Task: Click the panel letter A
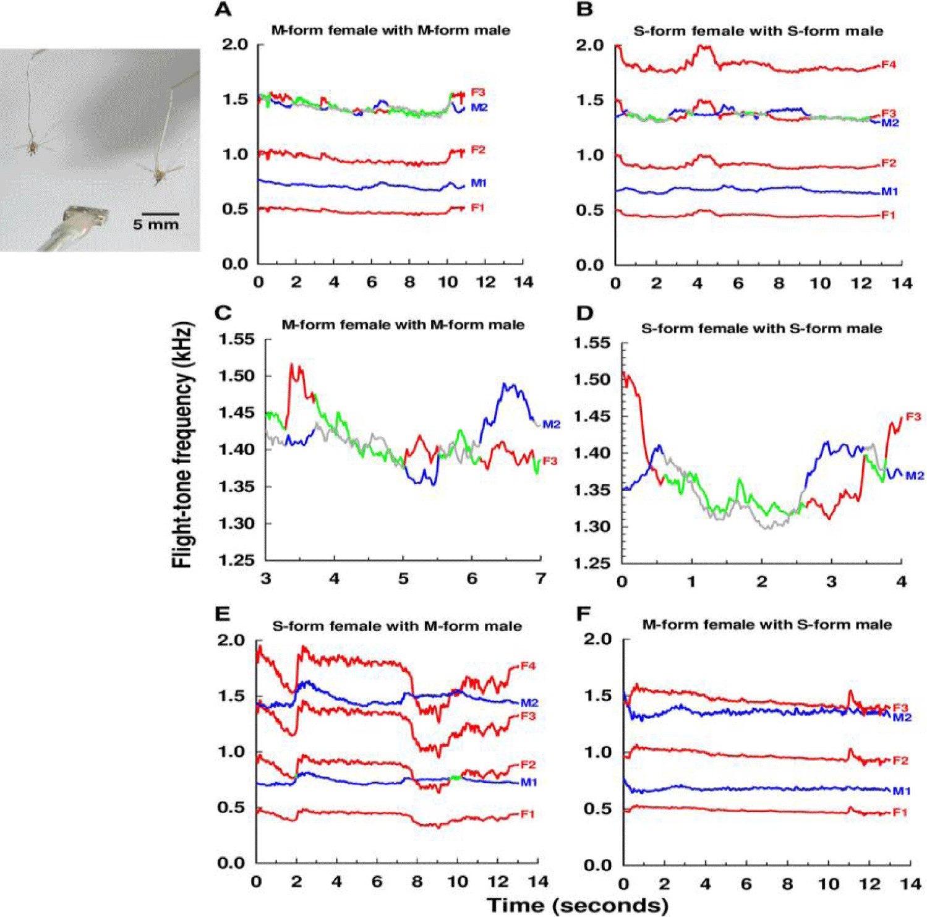(x=223, y=10)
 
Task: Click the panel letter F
(x=583, y=613)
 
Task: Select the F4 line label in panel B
(x=888, y=64)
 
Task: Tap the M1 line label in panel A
(x=479, y=183)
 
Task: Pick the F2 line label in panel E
(x=528, y=765)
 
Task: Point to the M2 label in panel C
(x=551, y=424)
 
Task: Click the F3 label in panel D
(x=913, y=417)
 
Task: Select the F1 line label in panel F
(x=900, y=813)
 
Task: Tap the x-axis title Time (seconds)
(x=577, y=905)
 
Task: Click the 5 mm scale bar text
(x=156, y=224)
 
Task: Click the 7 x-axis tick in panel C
(x=540, y=579)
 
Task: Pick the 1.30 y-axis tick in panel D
(x=592, y=527)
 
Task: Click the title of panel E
(x=396, y=626)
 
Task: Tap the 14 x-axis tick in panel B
(x=902, y=283)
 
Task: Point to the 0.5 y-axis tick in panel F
(x=597, y=809)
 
